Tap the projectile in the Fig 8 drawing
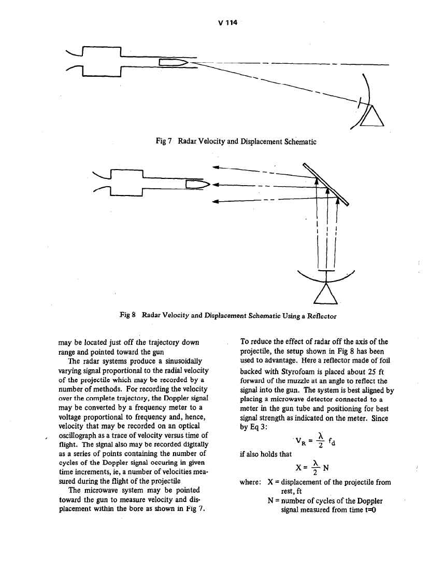pos(198,184)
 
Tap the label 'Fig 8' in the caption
pos(129,315)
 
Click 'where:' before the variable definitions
pos(252,482)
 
